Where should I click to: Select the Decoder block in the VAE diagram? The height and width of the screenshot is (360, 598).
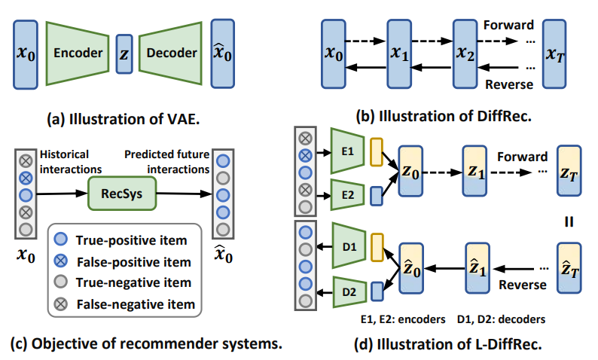tap(172, 53)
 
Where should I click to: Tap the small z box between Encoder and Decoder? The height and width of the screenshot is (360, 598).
tap(124, 53)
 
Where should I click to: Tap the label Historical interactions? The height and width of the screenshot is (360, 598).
tap(70, 160)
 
